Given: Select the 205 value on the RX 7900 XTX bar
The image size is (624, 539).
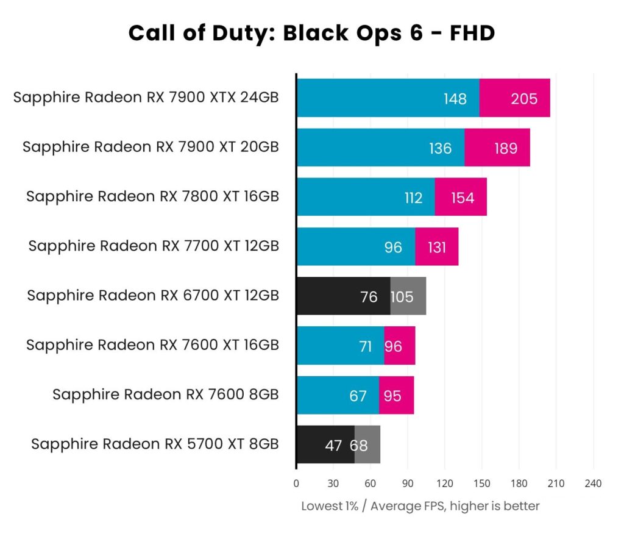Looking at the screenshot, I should click(x=523, y=98).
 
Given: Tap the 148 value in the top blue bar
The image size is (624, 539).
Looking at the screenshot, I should click(x=455, y=98).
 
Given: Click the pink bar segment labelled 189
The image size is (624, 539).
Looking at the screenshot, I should click(x=505, y=148).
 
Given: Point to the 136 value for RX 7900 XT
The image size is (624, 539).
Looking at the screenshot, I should click(x=440, y=148).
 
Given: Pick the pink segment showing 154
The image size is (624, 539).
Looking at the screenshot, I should click(x=462, y=198).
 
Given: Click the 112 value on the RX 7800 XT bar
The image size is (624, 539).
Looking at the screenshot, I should click(x=413, y=198).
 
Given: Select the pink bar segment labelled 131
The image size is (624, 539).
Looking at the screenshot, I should click(x=437, y=247).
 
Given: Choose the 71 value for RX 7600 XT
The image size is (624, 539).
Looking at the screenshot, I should click(x=366, y=346).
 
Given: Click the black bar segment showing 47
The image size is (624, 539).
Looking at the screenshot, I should click(x=325, y=445).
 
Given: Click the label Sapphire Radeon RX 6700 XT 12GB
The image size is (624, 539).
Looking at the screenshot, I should click(x=153, y=296).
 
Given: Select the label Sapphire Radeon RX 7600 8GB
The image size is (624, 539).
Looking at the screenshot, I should click(x=166, y=394).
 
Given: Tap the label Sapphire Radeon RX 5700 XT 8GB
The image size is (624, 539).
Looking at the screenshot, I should click(x=155, y=444).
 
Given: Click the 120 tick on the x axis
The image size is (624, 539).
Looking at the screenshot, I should click(x=444, y=484).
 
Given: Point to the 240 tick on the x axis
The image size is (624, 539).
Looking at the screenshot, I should click(x=593, y=484).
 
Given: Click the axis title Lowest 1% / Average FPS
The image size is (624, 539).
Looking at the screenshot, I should click(x=420, y=506).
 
